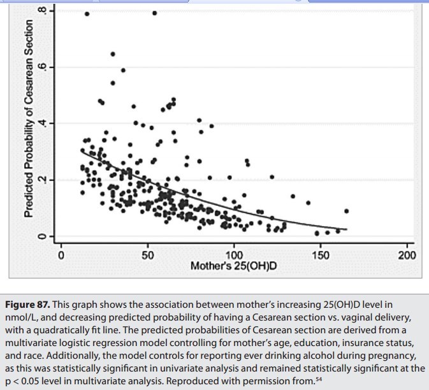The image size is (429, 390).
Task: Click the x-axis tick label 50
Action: [148, 255]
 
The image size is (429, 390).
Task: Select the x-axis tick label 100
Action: [234, 255]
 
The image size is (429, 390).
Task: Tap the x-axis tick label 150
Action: [321, 255]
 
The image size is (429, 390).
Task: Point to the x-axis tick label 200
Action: [407, 255]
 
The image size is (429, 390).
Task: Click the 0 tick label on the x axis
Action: [61, 255]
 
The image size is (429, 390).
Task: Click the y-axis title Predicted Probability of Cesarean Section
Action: [29, 118]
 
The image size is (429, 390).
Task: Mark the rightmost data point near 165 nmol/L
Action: [346, 211]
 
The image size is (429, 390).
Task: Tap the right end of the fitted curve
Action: [346, 229]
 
